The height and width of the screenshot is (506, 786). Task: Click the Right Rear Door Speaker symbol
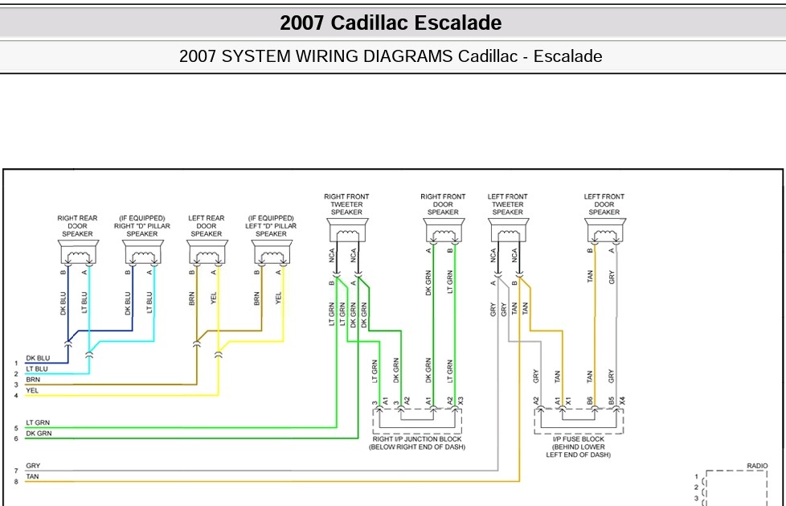tap(78, 252)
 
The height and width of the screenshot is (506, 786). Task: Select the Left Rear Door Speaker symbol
tap(207, 252)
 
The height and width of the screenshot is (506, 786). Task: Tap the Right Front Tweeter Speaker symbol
tap(347, 230)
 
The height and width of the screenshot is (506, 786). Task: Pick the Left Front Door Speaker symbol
tap(605, 230)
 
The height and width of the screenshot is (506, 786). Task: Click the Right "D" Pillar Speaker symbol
tap(143, 252)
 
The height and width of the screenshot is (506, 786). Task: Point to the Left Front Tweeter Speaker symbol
tap(508, 230)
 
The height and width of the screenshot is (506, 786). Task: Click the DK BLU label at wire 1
tap(38, 359)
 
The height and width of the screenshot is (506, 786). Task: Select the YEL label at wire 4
tap(32, 390)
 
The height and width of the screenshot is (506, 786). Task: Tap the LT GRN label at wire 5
tap(38, 422)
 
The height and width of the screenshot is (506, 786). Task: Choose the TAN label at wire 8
tap(32, 476)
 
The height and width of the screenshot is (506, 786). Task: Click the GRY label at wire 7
tap(33, 466)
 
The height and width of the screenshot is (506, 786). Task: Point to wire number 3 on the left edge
tap(16, 385)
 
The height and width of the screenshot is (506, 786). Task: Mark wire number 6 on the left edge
tap(16, 438)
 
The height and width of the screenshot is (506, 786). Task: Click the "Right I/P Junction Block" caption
tap(417, 442)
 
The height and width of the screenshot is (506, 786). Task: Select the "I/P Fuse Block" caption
tap(579, 446)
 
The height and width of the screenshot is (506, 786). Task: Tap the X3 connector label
tap(461, 401)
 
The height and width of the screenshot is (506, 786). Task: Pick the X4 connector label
tap(622, 401)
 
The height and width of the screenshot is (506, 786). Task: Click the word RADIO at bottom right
tap(757, 466)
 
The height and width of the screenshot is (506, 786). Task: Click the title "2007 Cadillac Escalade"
tap(391, 23)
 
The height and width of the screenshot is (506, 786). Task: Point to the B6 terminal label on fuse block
tap(590, 401)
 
